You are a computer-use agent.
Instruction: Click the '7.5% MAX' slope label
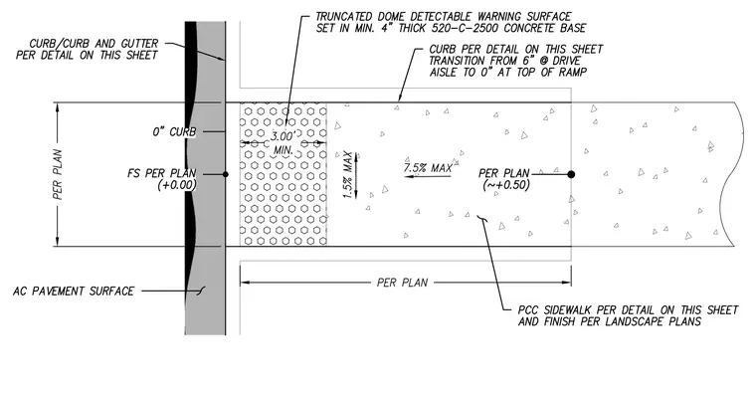pos(428,168)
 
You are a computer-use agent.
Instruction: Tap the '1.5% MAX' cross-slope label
pos(348,175)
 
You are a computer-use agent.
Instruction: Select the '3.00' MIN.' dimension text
pos(283,143)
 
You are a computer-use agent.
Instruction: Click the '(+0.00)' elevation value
pos(177,185)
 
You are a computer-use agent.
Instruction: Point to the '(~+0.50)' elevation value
pos(506,185)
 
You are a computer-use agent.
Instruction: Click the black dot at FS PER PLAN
pos(226,174)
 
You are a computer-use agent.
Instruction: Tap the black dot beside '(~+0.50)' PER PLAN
pos(571,174)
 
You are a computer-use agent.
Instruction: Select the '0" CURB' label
pos(174,131)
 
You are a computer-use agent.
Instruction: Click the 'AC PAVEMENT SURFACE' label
pos(74,292)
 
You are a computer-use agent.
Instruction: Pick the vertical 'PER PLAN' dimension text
pos(58,174)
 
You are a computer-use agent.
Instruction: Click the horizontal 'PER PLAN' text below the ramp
pos(402,283)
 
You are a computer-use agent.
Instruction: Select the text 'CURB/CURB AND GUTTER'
pos(94,44)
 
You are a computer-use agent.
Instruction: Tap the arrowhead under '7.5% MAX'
pos(409,176)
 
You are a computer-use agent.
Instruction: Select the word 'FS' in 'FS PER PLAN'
pos(133,173)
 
